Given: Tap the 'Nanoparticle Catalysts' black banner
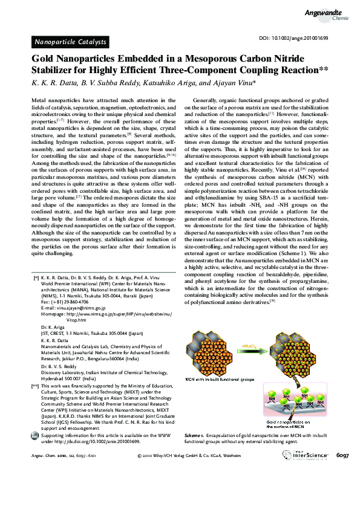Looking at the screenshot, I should tap(70, 42).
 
